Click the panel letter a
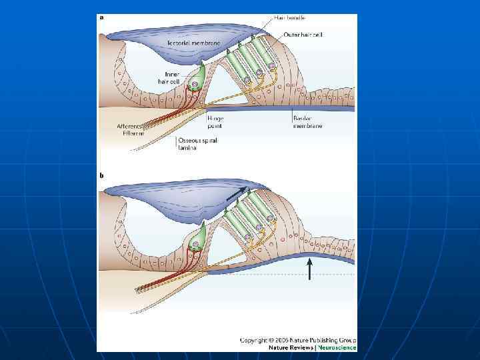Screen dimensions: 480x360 click(x=101, y=18)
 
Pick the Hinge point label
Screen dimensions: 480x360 click(x=215, y=121)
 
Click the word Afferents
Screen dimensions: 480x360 click(x=129, y=126)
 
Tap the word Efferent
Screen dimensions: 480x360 click(x=133, y=133)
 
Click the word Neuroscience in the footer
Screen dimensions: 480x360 click(x=337, y=347)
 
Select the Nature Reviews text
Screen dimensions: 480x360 click(x=291, y=347)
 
